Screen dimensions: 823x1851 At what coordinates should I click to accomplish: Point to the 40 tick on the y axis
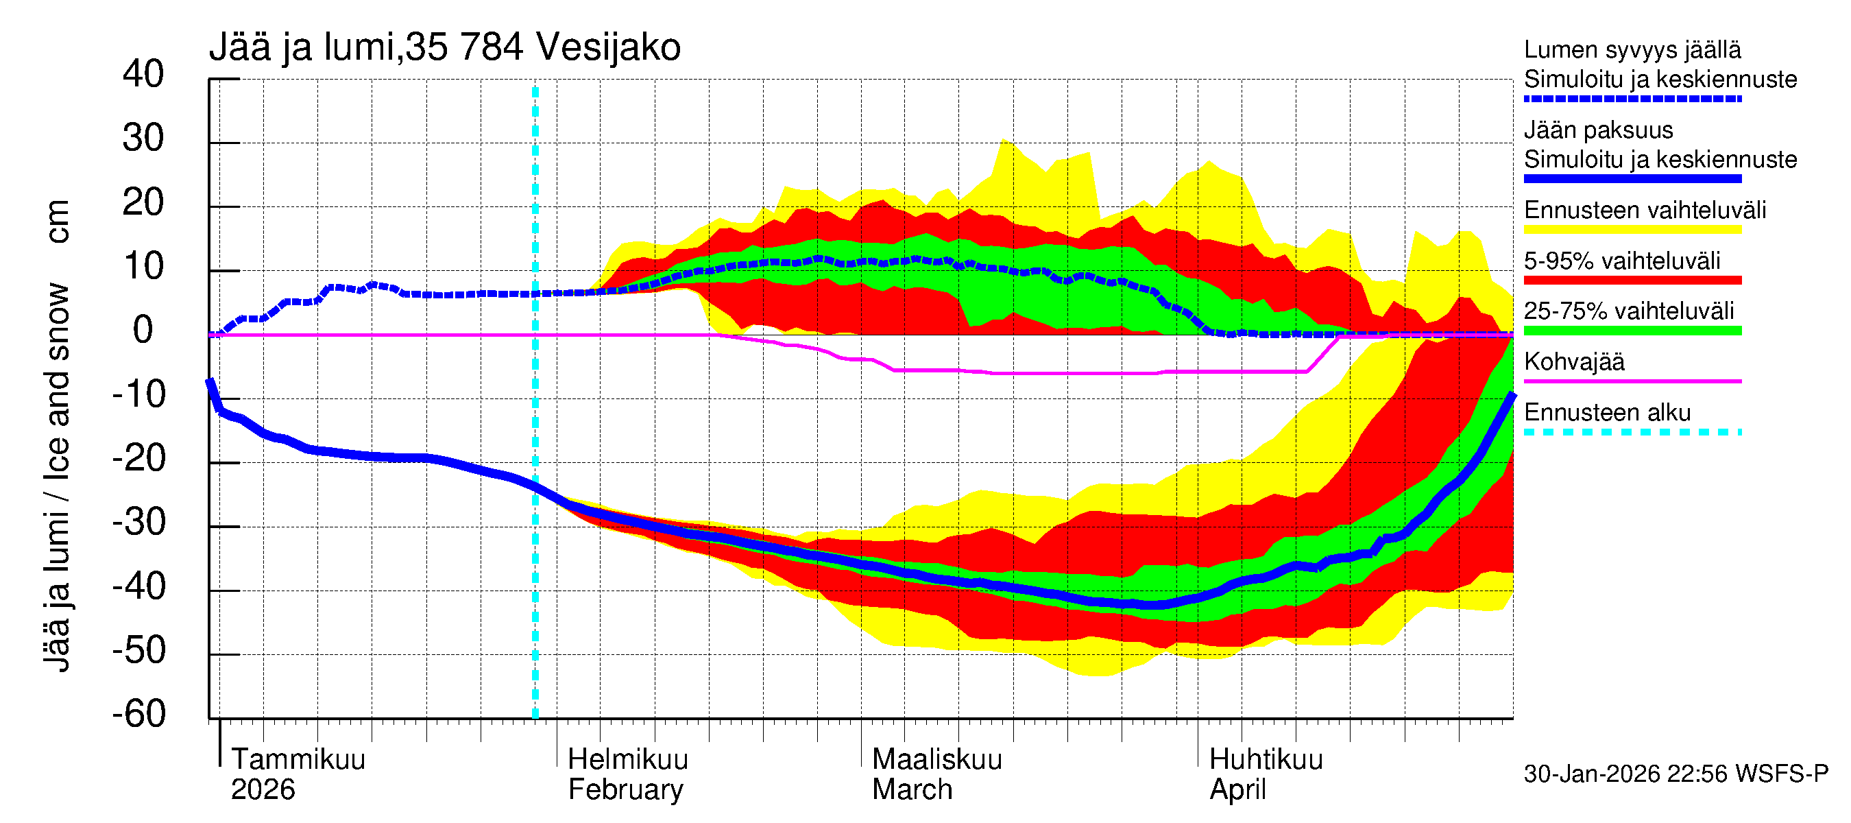point(143,74)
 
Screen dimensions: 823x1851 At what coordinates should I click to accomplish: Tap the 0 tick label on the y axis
point(143,330)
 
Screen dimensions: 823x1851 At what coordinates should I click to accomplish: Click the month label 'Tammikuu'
point(298,759)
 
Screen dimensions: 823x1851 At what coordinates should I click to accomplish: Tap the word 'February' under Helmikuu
point(625,789)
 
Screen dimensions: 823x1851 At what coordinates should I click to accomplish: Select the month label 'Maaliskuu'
point(936,759)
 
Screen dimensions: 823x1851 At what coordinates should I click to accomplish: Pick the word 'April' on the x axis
point(1237,789)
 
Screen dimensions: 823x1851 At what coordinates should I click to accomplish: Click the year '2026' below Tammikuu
point(263,789)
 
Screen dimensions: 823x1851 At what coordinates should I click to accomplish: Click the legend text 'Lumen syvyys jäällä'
point(1632,49)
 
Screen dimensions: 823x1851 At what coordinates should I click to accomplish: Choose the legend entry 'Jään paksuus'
point(1598,130)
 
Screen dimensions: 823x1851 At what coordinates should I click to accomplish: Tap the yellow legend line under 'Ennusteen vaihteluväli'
point(1632,230)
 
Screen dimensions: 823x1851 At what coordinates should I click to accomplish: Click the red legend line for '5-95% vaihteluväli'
point(1632,281)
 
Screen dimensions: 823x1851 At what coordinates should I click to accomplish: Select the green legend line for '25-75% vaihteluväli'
point(1632,331)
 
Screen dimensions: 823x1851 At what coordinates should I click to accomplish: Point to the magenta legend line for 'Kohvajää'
point(1632,381)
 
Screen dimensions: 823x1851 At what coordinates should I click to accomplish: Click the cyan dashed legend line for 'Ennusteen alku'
point(1632,432)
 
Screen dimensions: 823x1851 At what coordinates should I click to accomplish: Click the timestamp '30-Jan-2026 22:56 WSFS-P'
point(1675,774)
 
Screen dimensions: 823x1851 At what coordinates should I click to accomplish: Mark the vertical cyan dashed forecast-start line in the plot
point(535,403)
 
